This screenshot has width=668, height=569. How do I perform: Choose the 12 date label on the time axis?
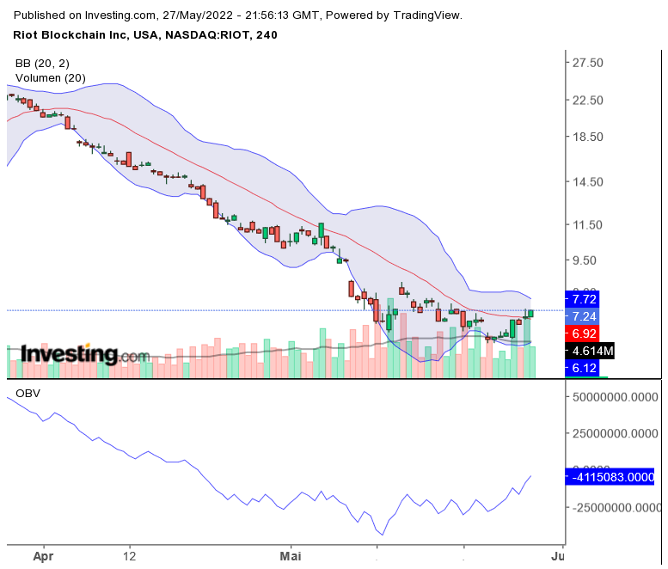tap(130, 557)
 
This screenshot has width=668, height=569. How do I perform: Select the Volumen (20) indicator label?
tap(50, 78)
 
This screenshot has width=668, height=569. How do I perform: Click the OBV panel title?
tap(28, 394)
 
